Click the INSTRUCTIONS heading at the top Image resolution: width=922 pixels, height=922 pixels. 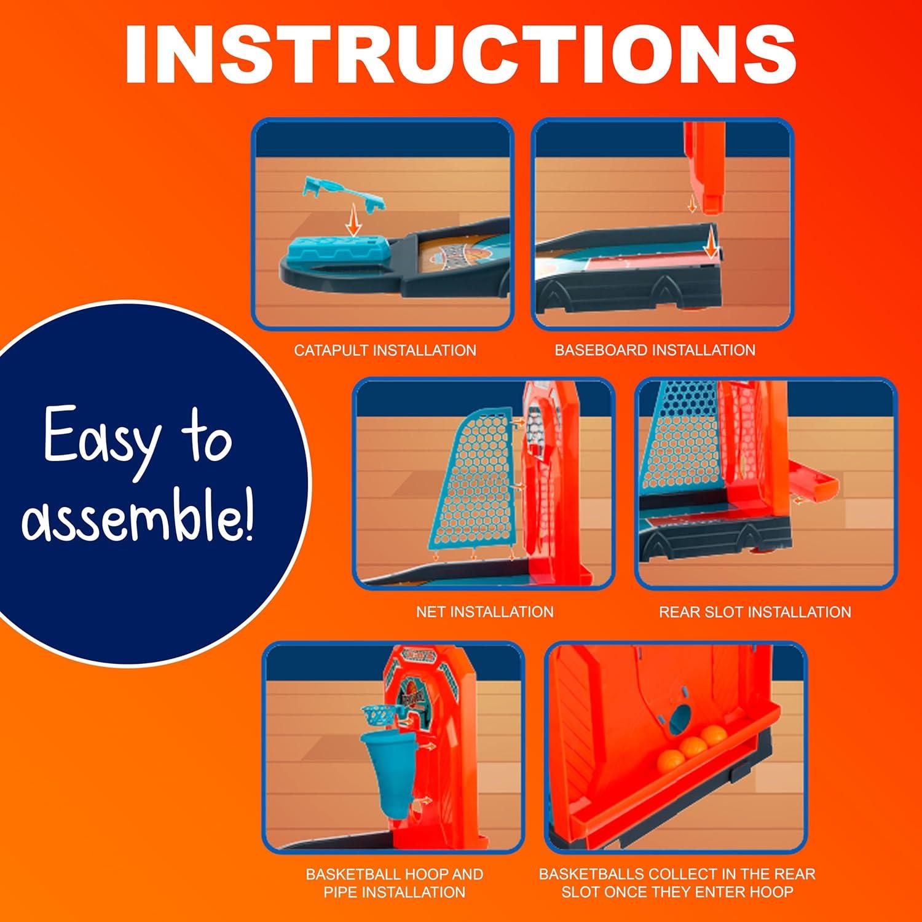pyautogui.click(x=460, y=54)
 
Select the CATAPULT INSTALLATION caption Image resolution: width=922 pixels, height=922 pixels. pyautogui.click(x=385, y=350)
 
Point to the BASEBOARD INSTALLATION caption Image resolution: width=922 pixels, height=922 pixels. pyautogui.click(x=655, y=350)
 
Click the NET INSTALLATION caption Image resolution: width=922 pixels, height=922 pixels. pyautogui.click(x=484, y=612)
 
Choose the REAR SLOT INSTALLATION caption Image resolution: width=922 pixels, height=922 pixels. pyautogui.click(x=755, y=612)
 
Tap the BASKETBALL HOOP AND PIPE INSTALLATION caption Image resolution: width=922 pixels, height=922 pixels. pyautogui.click(x=394, y=883)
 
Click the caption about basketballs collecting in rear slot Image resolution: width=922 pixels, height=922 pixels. pyautogui.click(x=677, y=883)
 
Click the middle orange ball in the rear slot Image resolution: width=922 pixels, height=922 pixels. pyautogui.click(x=693, y=746)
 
